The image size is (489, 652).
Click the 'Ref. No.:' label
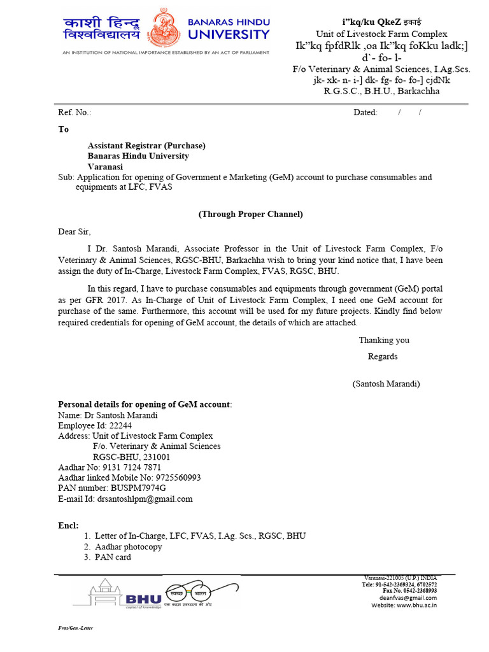tap(74, 113)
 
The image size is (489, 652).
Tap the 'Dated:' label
tap(365, 113)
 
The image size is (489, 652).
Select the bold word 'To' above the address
tap(63, 129)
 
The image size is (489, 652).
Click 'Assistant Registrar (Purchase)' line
tap(146, 146)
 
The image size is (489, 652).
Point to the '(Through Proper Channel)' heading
tap(251, 215)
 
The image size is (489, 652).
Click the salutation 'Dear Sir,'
tap(79, 232)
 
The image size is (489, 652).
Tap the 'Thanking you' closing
tap(384, 341)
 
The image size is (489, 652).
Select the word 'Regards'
tap(383, 357)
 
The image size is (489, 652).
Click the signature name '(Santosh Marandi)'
tap(386, 384)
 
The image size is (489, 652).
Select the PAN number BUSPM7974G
tap(138, 488)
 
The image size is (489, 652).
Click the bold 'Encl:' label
tap(68, 525)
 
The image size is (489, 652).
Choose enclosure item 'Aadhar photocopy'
tap(129, 547)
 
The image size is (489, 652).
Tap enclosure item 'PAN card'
tap(113, 557)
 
